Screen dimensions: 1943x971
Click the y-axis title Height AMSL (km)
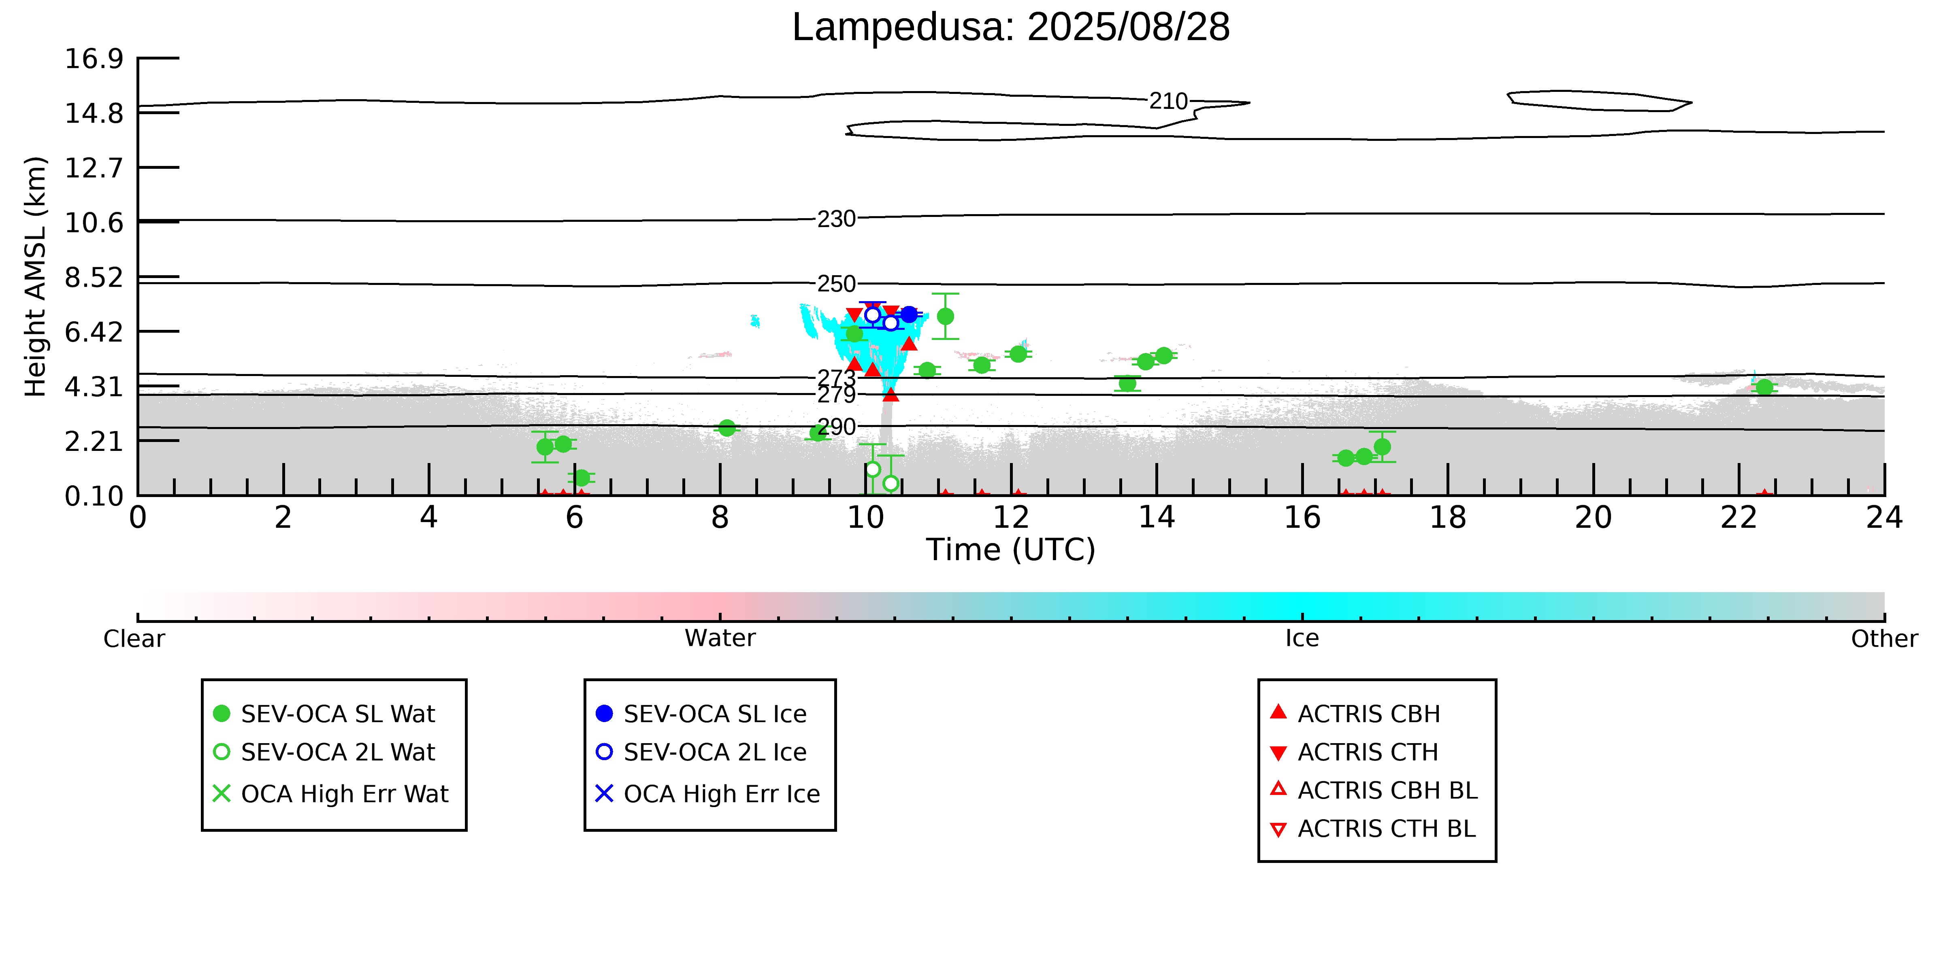pyautogui.click(x=36, y=277)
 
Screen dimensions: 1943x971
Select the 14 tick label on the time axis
pyautogui.click(x=1156, y=518)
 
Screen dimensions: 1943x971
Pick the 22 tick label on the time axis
pyautogui.click(x=1738, y=518)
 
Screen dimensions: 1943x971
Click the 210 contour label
pyautogui.click(x=1168, y=101)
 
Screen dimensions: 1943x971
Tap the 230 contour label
pyautogui.click(x=837, y=219)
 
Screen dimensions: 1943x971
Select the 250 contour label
pyautogui.click(x=837, y=284)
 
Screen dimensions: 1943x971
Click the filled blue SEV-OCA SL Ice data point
pyautogui.click(x=910, y=314)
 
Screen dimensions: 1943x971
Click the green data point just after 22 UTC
pyautogui.click(x=1764, y=387)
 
